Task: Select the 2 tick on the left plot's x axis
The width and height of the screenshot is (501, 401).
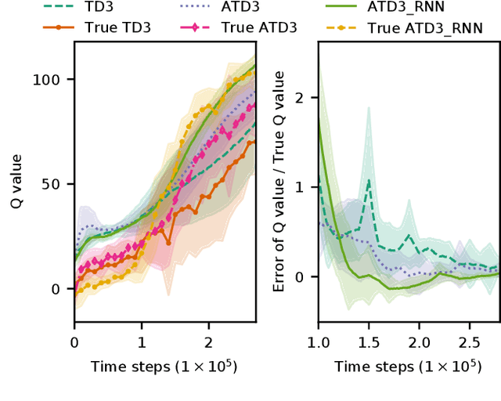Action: [208, 342]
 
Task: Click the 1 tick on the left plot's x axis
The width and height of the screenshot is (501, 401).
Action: [142, 342]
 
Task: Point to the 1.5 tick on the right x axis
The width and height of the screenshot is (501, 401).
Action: [369, 342]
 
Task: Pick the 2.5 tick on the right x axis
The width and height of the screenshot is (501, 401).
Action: [469, 342]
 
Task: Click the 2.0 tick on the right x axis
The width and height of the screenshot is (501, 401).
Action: [419, 342]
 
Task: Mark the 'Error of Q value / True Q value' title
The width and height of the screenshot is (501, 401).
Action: [279, 181]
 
